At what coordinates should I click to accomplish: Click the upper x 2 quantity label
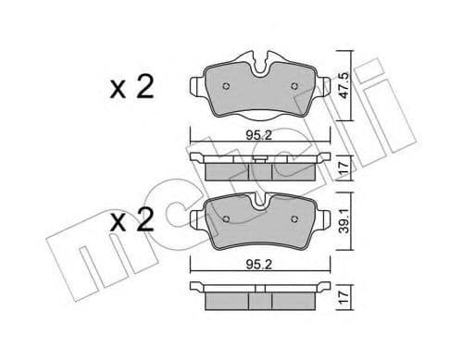(x=131, y=88)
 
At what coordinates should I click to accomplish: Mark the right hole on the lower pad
(x=294, y=219)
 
